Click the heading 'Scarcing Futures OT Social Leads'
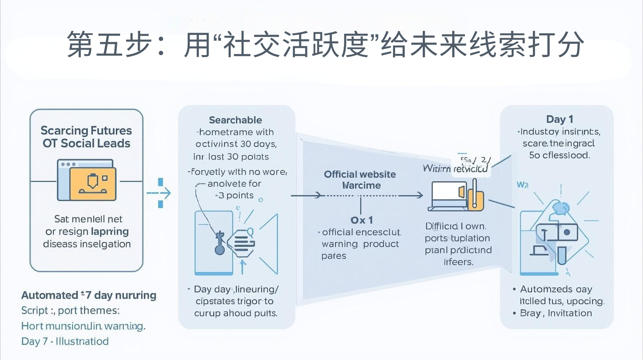86,137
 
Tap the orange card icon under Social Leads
93,183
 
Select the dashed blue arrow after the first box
160,193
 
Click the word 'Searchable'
235,120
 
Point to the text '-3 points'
235,196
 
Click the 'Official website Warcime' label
360,180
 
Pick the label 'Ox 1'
361,220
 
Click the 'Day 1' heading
559,119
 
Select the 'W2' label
522,185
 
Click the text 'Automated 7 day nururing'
89,295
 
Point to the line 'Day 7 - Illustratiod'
65,342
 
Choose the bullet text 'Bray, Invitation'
556,313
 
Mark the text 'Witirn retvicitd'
455,169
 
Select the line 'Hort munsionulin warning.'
83,326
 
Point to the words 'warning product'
360,244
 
